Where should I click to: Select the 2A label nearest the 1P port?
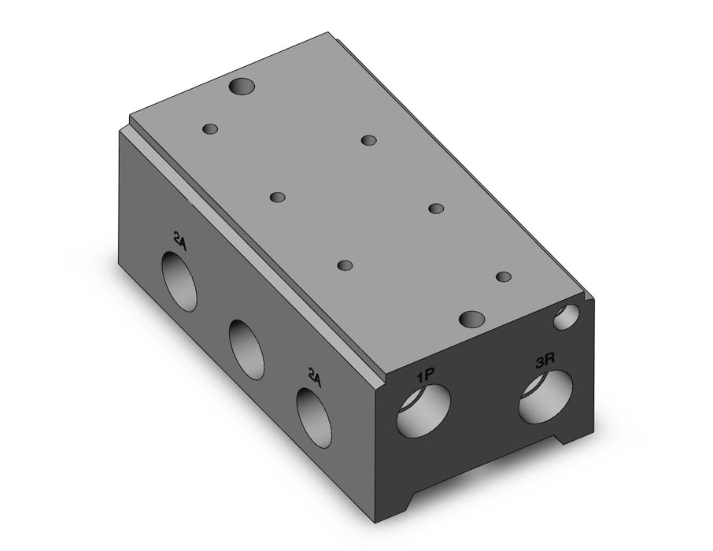(315, 378)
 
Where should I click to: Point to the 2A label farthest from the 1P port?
(179, 240)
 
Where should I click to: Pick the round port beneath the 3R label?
(546, 394)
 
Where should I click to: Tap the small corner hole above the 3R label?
(567, 316)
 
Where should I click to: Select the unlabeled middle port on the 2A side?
(246, 349)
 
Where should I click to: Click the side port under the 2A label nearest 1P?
(313, 416)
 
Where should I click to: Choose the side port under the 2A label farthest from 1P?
(180, 282)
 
